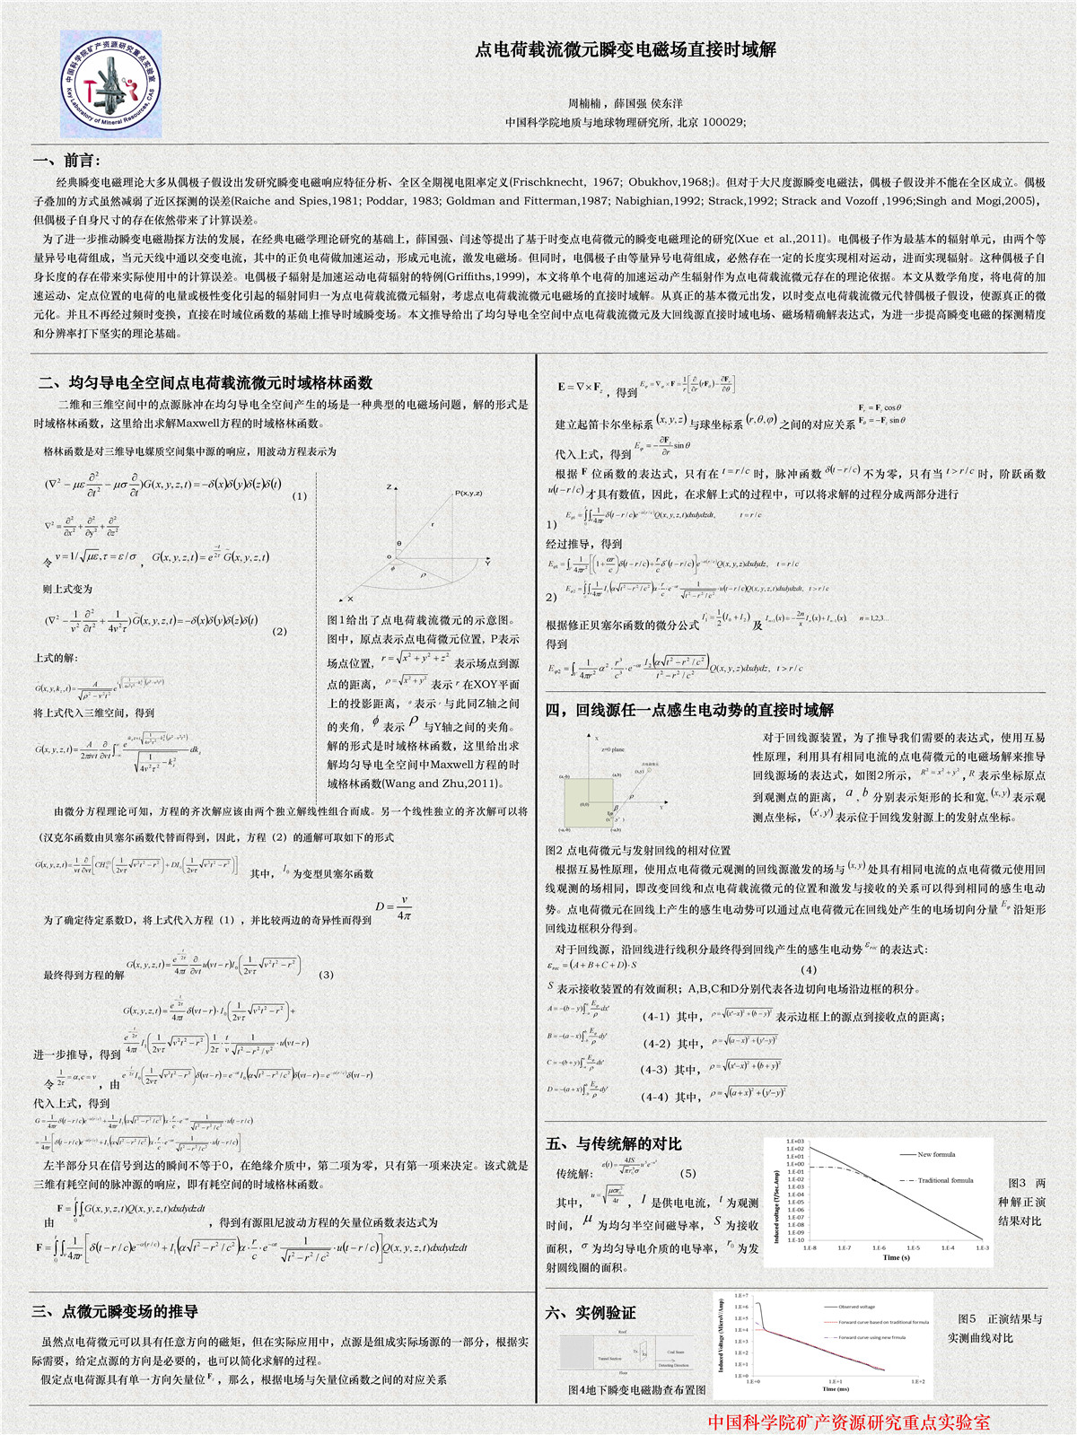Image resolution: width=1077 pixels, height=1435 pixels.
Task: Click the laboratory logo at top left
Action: (111, 83)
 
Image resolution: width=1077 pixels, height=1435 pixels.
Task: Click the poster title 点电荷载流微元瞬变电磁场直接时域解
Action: (626, 50)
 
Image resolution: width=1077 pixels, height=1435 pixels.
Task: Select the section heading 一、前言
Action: (67, 161)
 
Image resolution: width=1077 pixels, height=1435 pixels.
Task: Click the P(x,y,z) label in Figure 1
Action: (468, 493)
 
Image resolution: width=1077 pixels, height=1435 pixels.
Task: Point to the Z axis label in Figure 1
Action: (390, 486)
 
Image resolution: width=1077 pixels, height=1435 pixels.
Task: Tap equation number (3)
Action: (326, 974)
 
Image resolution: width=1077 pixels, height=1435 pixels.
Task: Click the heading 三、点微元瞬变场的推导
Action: (115, 1311)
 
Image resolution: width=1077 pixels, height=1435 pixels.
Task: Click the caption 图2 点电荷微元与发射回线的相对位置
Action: (638, 850)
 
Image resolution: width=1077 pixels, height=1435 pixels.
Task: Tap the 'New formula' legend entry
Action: (936, 1154)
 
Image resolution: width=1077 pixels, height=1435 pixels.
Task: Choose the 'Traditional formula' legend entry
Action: (945, 1180)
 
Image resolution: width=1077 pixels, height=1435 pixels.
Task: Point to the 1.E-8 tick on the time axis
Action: (810, 1248)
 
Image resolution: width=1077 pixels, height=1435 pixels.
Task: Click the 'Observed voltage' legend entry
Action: (856, 1307)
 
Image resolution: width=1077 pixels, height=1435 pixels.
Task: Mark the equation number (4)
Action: (809, 969)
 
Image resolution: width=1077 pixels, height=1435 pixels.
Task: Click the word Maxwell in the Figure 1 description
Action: (451, 765)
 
